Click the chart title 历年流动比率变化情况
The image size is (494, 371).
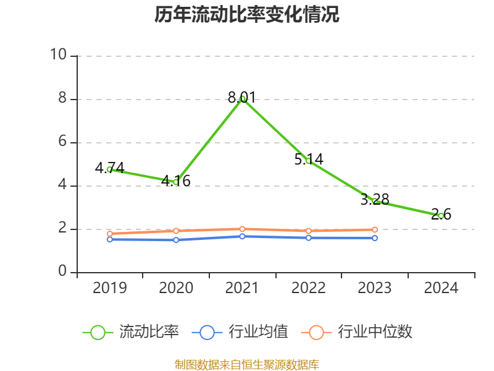tap(247, 14)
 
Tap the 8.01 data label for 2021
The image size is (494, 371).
tap(241, 97)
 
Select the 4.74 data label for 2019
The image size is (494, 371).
tap(109, 168)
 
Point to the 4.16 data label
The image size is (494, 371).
tap(176, 181)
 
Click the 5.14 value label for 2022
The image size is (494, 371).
tap(308, 159)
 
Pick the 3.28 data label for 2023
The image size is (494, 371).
tap(375, 199)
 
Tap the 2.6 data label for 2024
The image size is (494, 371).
tap(441, 215)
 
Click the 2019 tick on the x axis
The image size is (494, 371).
tap(109, 288)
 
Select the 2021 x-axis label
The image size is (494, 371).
tap(242, 288)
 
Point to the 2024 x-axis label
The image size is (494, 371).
tap(441, 288)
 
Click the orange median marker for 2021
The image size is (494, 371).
tap(242, 229)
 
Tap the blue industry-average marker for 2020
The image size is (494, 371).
tap(176, 240)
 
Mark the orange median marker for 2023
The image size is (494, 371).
tap(375, 229)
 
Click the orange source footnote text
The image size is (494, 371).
tap(247, 364)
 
